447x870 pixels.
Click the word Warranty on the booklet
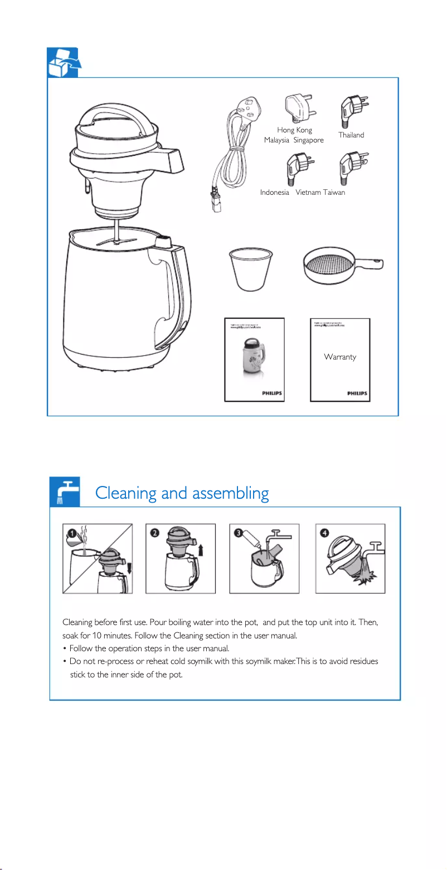(x=339, y=357)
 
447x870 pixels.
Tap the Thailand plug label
(x=351, y=135)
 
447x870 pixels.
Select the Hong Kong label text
(x=294, y=130)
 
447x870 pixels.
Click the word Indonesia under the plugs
(x=274, y=193)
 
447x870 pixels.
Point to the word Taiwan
(x=334, y=193)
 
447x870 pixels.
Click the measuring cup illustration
(x=250, y=270)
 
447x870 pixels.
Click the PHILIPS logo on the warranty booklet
(x=357, y=393)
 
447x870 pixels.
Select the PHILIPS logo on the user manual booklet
(x=272, y=393)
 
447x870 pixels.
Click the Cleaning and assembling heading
(x=182, y=493)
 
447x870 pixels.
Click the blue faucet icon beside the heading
(x=64, y=491)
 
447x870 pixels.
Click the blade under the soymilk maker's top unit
(x=118, y=241)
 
